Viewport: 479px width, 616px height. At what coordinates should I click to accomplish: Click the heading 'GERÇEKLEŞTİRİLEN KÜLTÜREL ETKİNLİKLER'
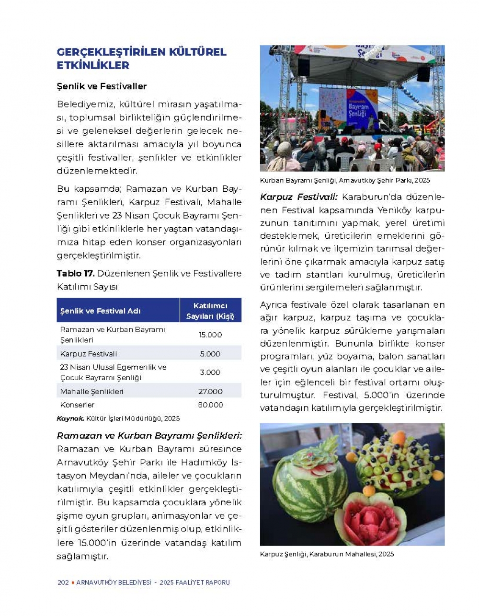[141, 58]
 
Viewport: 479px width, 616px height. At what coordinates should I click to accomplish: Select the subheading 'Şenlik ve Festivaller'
[102, 86]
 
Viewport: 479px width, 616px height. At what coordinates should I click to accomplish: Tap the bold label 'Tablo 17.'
[75, 274]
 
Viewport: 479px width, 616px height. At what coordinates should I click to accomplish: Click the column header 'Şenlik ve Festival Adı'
[101, 311]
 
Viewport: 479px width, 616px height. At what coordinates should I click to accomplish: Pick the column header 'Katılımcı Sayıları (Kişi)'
[210, 311]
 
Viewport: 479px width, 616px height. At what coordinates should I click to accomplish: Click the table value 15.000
[210, 335]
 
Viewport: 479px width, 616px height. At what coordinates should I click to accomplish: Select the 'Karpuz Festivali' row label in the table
[89, 354]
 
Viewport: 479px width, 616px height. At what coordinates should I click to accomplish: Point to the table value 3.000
[210, 372]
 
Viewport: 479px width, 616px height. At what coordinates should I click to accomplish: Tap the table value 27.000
[210, 391]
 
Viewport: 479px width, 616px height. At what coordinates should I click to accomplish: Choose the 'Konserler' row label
[77, 405]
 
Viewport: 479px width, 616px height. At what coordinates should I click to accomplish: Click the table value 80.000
[210, 405]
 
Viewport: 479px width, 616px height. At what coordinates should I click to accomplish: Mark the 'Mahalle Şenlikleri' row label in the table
[91, 391]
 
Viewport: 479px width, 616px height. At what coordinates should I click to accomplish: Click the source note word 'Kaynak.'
[70, 418]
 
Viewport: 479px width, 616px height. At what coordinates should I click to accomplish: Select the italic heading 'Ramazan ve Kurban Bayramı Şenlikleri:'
[149, 436]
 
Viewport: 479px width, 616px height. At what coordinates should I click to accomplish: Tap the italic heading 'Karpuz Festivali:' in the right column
[299, 197]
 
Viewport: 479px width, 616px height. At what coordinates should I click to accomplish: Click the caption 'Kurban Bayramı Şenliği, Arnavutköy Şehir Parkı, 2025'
[345, 181]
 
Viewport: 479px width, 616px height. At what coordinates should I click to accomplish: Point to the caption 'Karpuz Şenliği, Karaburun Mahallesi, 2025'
[327, 554]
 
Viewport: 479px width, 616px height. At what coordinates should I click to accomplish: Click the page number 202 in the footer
[63, 582]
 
